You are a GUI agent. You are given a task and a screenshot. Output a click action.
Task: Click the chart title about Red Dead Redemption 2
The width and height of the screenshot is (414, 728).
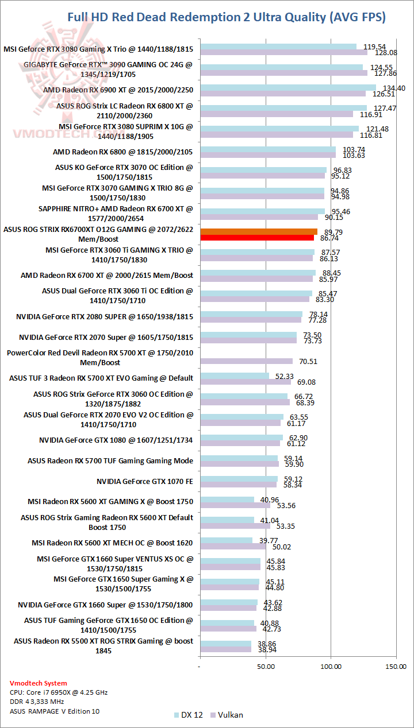227,17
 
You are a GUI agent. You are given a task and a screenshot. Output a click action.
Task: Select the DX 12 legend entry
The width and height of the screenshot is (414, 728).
187,715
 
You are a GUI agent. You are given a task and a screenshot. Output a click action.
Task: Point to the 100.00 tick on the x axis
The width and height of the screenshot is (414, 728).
331,667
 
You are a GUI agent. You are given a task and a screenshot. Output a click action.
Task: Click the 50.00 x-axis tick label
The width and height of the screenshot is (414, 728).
265,667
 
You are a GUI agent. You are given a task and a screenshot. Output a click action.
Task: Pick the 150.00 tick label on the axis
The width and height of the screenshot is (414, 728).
396,667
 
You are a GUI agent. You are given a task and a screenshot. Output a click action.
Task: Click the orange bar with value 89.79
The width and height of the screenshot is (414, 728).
258,231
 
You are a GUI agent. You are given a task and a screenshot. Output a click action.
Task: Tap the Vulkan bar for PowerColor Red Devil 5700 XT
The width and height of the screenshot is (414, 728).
246,361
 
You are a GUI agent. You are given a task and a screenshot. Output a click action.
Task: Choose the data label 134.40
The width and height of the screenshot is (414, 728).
394,88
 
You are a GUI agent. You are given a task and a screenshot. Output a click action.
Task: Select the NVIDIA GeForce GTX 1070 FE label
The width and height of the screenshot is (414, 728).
145,481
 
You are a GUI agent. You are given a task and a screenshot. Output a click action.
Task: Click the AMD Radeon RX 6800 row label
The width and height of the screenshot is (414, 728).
122,152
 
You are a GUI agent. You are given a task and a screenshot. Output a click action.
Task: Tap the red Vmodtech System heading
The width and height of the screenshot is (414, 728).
38,683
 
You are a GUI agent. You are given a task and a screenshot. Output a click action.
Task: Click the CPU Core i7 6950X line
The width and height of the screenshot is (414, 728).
59,692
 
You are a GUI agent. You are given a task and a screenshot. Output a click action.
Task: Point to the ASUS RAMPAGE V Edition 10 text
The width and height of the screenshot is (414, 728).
55,711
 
